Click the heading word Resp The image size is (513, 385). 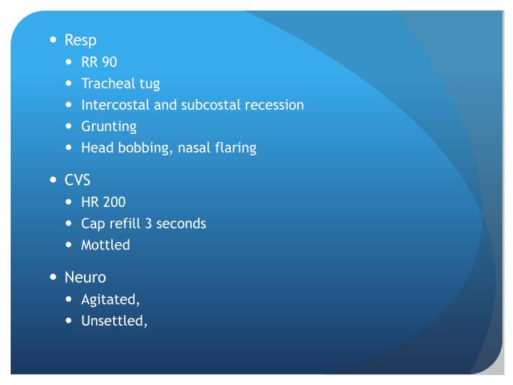coord(81,40)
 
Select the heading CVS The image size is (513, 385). coord(78,180)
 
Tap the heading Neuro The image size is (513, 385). coord(85,277)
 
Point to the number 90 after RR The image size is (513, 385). coord(109,62)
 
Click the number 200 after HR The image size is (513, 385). coord(114,202)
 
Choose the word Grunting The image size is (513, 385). coord(109,127)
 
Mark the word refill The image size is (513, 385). coord(123,223)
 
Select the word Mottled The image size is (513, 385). coord(105,245)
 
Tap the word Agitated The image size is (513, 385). coord(110,299)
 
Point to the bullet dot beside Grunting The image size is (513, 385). coord(69,126)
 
